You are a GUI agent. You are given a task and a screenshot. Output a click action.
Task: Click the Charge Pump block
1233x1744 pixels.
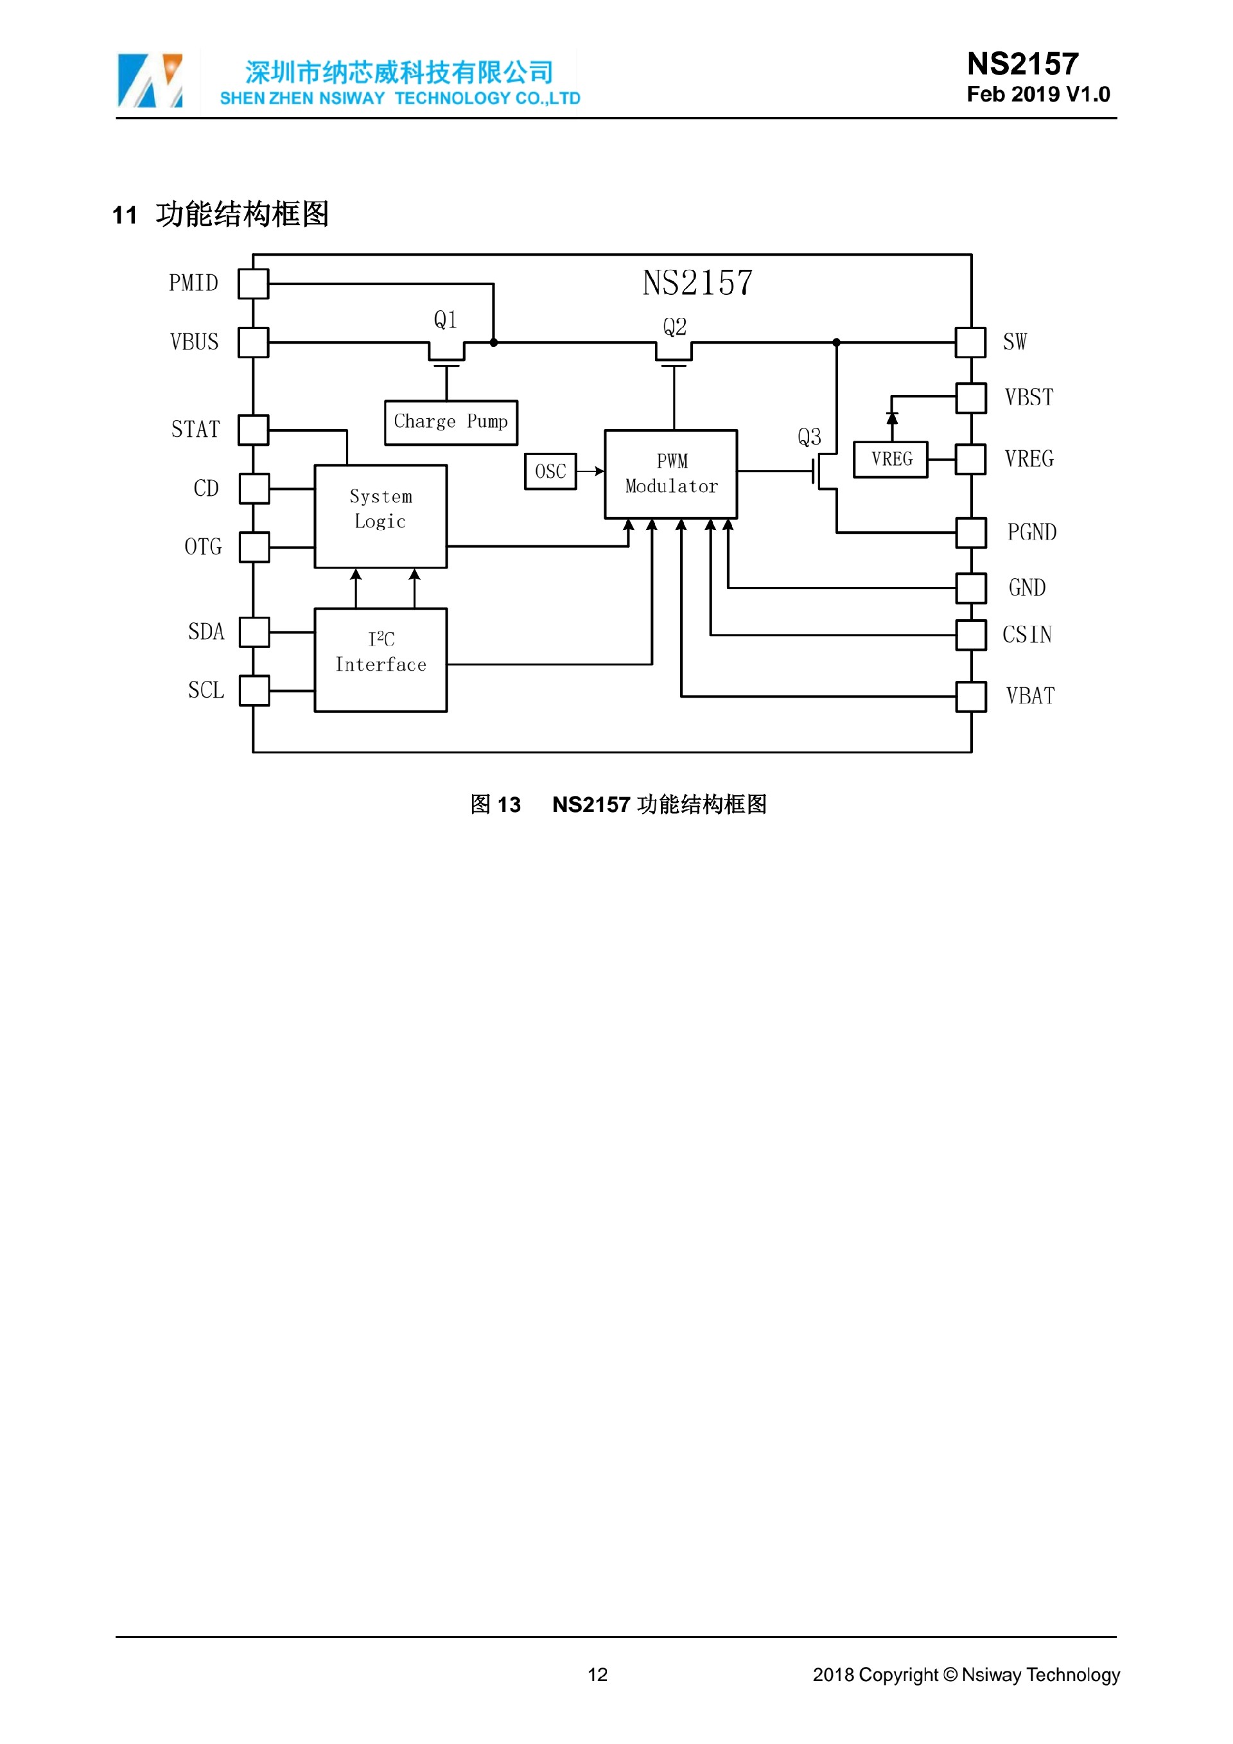[x=451, y=422]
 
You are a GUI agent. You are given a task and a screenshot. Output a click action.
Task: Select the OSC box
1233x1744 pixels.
[x=550, y=471]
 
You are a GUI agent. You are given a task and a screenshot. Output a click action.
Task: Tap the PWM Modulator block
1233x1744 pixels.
[x=671, y=474]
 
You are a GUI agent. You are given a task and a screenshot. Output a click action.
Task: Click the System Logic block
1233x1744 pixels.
[x=380, y=516]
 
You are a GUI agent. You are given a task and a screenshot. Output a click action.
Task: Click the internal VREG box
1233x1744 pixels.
[x=891, y=459]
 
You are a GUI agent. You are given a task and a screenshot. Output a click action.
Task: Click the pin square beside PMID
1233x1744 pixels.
[x=253, y=283]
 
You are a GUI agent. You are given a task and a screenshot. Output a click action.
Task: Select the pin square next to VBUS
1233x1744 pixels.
[x=253, y=342]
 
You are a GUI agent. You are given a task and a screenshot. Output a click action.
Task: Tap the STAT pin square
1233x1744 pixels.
[x=253, y=429]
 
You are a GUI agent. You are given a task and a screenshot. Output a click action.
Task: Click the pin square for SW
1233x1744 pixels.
[x=970, y=342]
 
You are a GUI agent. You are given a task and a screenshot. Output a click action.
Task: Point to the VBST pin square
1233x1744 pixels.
[x=971, y=397]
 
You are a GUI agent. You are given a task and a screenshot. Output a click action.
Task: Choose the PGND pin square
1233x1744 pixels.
[x=971, y=533]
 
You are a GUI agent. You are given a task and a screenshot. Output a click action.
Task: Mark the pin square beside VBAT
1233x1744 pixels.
[x=971, y=696]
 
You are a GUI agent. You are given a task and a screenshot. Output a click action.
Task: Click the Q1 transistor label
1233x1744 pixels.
[x=446, y=320]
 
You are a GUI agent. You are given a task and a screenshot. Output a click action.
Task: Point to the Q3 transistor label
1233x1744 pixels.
[x=809, y=437]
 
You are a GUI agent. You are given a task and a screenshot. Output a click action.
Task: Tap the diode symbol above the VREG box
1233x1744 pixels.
[x=892, y=418]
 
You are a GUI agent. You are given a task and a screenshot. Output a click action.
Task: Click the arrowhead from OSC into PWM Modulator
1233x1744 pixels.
[x=600, y=471]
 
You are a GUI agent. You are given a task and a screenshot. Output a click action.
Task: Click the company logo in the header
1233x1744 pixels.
[x=150, y=80]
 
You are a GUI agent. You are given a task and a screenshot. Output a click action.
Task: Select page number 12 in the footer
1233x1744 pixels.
[x=597, y=1674]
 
